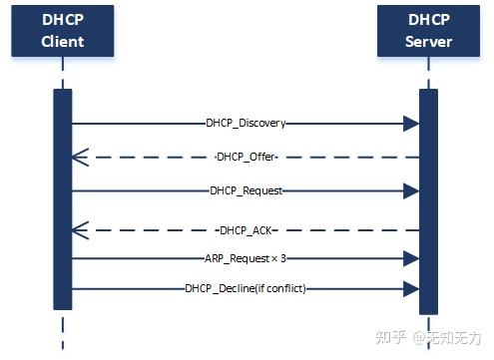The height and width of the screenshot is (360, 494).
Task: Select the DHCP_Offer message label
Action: (246, 158)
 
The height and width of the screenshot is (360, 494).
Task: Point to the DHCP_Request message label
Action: (246, 189)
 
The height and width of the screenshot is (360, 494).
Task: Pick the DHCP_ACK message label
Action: (246, 230)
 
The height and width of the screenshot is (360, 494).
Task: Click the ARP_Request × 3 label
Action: (247, 257)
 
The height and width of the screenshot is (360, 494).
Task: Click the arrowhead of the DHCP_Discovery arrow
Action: (410, 124)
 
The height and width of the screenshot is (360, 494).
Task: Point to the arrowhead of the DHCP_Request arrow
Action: (410, 189)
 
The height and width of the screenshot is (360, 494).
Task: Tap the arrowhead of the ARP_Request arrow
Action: (410, 257)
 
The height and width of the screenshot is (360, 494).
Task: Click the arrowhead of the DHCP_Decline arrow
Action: (410, 288)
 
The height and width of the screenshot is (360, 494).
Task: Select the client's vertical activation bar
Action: (63, 199)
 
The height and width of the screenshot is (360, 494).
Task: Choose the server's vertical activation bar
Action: (428, 199)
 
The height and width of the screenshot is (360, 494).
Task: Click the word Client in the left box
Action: (63, 42)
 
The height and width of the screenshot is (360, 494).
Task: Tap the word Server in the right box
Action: (428, 42)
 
